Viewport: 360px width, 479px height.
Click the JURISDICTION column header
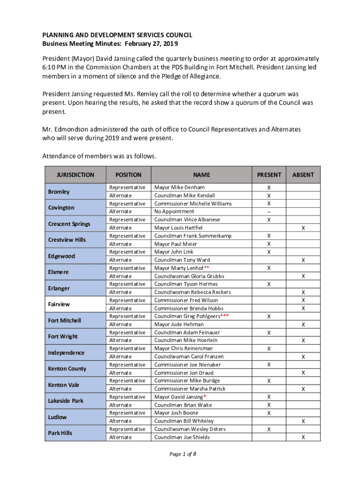[x=75, y=175]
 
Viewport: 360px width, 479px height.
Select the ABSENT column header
[x=303, y=175]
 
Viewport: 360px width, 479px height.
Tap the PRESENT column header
[x=269, y=175]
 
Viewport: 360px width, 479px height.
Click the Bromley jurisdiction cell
[x=59, y=192]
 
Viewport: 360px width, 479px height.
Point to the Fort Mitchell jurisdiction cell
[x=65, y=320]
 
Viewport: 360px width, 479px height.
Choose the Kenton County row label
[x=67, y=369]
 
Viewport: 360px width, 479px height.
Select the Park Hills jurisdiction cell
[x=60, y=433]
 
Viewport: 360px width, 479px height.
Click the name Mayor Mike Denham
[x=179, y=188]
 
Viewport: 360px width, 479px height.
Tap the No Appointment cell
[x=174, y=211]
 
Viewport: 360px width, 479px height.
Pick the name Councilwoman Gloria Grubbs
[x=189, y=276]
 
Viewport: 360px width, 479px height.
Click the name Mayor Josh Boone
[x=176, y=413]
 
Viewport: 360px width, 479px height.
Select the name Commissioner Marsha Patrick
[x=190, y=389]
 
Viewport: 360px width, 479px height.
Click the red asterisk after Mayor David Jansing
[x=205, y=397]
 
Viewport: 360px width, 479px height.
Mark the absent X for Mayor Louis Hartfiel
[x=303, y=228]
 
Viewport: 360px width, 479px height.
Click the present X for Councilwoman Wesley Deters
[x=269, y=429]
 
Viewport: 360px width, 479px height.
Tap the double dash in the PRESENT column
[x=269, y=211]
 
